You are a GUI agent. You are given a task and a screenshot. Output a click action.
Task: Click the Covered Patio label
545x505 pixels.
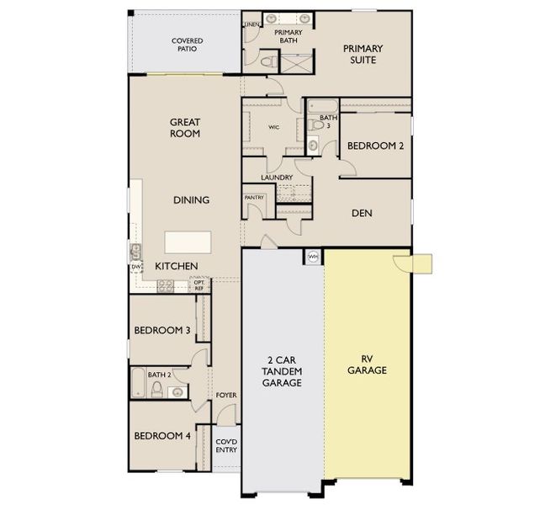(187, 45)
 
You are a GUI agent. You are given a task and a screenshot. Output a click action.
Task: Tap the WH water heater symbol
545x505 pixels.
(313, 257)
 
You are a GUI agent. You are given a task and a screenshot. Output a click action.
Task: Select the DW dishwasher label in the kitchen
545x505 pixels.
(136, 267)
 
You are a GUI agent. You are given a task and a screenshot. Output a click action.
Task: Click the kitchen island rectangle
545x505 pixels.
(188, 242)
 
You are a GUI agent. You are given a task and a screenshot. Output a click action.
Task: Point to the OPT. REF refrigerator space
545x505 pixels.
(199, 285)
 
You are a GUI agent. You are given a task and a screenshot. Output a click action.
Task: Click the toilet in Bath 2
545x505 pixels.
(157, 389)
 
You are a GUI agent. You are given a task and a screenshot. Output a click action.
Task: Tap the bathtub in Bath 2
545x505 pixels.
(138, 383)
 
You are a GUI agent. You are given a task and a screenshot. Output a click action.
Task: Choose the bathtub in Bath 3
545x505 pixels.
(323, 106)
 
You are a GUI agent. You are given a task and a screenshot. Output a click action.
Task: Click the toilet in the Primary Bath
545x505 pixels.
(268, 62)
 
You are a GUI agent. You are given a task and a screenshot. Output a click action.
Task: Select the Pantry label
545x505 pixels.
(254, 198)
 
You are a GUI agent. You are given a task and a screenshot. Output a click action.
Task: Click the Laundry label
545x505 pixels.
(277, 178)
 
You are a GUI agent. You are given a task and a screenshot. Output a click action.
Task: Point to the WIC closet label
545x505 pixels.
(273, 127)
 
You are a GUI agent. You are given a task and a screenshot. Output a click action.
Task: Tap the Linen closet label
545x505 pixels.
(252, 24)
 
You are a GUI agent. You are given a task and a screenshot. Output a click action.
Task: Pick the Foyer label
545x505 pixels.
(226, 395)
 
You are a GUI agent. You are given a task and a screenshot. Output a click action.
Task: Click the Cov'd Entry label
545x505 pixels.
(226, 445)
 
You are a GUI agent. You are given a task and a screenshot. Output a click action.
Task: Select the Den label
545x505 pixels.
(362, 213)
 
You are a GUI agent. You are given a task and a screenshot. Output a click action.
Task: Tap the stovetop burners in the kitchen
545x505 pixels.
(166, 286)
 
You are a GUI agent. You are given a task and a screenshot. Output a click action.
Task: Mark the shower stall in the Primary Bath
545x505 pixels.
(296, 63)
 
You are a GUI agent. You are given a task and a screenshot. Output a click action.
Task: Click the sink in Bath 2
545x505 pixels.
(177, 392)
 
